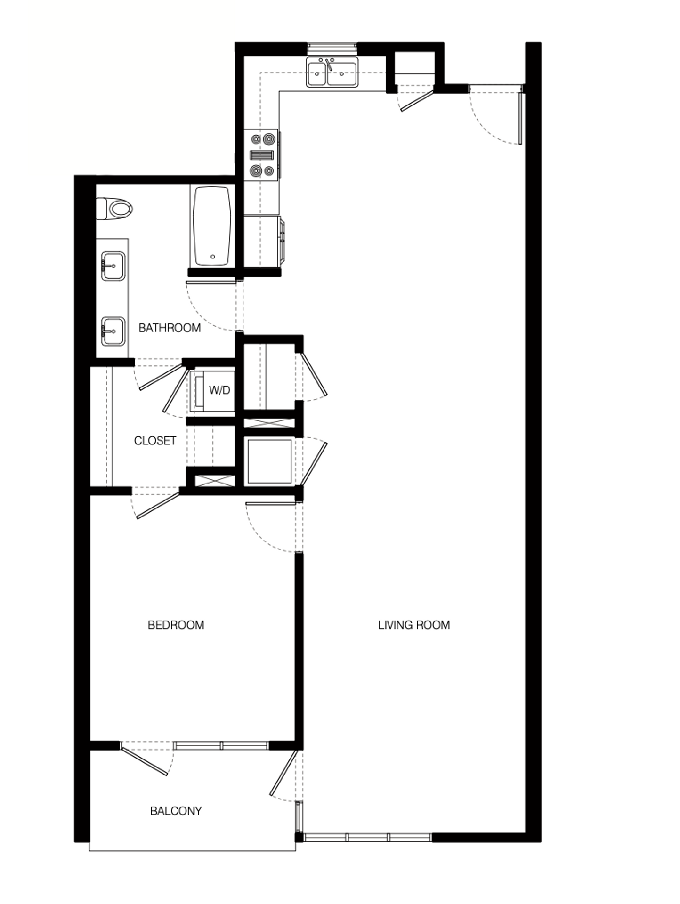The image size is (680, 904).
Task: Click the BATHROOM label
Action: pyautogui.click(x=170, y=328)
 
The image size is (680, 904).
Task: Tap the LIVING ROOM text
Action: pyautogui.click(x=414, y=625)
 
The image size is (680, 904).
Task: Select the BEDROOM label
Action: pyautogui.click(x=176, y=625)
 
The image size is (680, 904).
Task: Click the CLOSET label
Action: pyautogui.click(x=155, y=441)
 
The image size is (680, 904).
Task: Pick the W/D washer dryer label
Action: pyautogui.click(x=219, y=390)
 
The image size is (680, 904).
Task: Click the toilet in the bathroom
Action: pyautogui.click(x=115, y=209)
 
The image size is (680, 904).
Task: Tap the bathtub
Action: pyautogui.click(x=212, y=226)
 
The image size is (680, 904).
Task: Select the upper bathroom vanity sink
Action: pyautogui.click(x=113, y=266)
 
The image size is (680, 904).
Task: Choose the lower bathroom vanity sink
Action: pyautogui.click(x=113, y=331)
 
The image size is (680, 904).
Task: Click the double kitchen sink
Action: pyautogui.click(x=332, y=73)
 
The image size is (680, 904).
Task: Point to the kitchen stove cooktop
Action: pyautogui.click(x=262, y=155)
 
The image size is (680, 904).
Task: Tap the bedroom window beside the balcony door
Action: pyautogui.click(x=221, y=745)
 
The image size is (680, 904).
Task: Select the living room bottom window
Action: pyautogui.click(x=367, y=837)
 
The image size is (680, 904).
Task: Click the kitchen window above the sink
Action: pyautogui.click(x=332, y=48)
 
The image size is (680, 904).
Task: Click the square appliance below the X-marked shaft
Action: pyautogui.click(x=269, y=461)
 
